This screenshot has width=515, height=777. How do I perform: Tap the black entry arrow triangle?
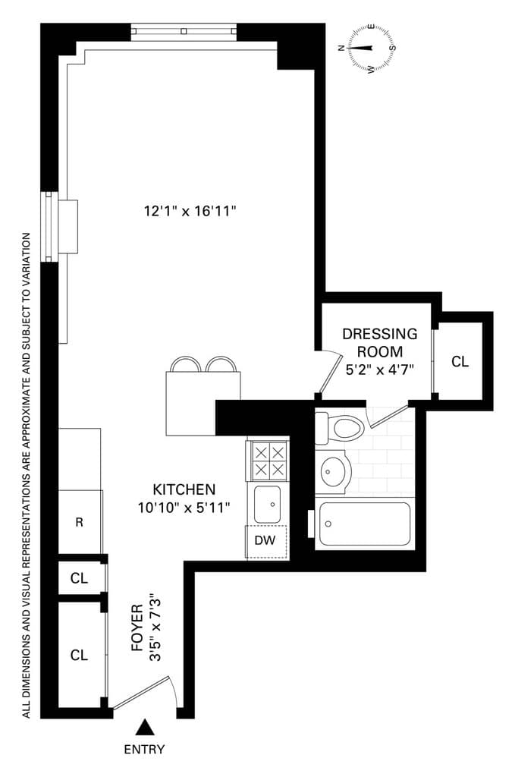coord(144,729)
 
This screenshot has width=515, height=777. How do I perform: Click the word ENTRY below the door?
coord(144,750)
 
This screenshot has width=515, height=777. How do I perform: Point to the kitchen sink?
coord(267,504)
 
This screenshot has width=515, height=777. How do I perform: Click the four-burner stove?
coord(268,461)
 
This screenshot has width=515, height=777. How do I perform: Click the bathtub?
coord(364,524)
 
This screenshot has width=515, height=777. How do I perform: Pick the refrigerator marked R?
coord(80,522)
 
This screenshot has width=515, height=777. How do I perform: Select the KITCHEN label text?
coord(184,489)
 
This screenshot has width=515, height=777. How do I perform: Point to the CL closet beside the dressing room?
coord(460,361)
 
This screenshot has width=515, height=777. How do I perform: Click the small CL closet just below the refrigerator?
coord(80,578)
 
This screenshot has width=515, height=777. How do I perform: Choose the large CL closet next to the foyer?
coord(80,654)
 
